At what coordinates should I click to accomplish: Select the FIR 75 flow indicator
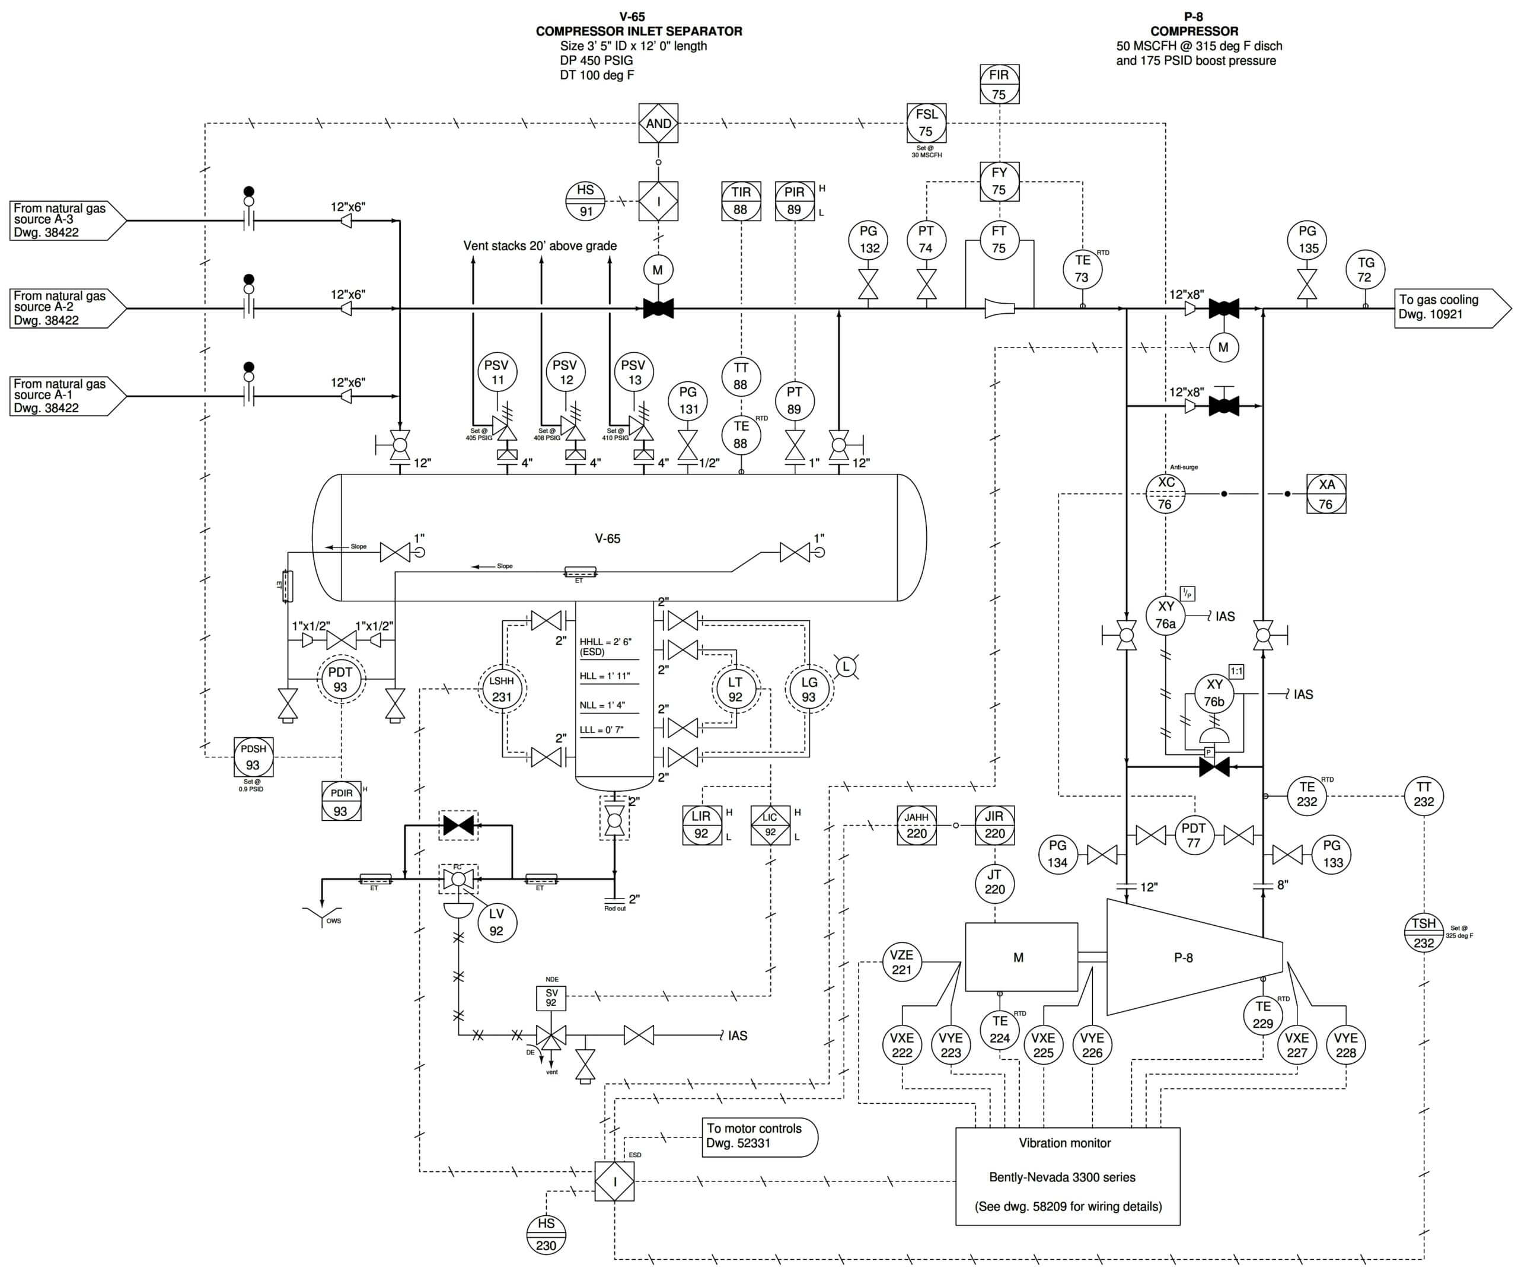click(x=999, y=84)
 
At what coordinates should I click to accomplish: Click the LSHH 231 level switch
click(x=502, y=688)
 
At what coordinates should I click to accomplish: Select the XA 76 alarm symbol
click(x=1326, y=493)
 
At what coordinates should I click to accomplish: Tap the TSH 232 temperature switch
click(x=1423, y=933)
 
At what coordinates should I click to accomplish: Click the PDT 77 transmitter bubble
click(x=1194, y=835)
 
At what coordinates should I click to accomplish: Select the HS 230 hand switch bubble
click(x=546, y=1235)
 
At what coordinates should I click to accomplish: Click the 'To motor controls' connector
click(x=759, y=1137)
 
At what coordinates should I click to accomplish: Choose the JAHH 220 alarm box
click(x=916, y=826)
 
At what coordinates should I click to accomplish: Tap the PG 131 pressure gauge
click(x=688, y=400)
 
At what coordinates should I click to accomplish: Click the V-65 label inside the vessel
click(x=608, y=539)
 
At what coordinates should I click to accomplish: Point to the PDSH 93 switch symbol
click(x=253, y=757)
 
